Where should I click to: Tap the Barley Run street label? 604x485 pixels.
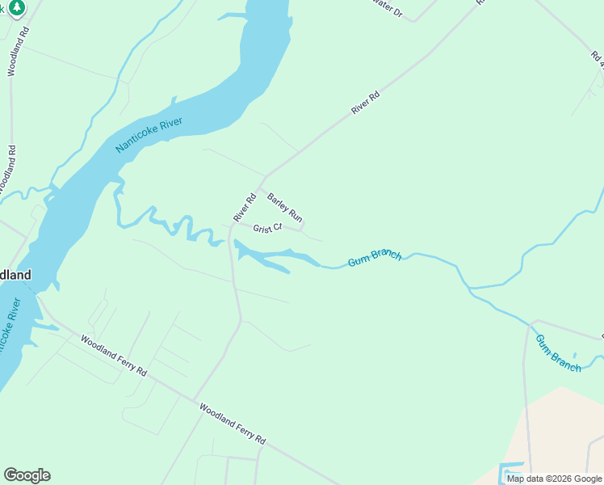click(x=284, y=208)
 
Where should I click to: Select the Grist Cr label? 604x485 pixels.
click(x=267, y=228)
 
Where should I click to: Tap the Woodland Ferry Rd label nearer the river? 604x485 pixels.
click(x=114, y=356)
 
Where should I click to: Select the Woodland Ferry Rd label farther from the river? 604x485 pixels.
click(x=233, y=424)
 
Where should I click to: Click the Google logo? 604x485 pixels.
click(x=27, y=475)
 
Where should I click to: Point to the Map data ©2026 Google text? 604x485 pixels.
click(x=555, y=479)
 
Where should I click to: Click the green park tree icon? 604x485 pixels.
click(x=17, y=6)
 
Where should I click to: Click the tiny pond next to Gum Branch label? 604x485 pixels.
click(x=574, y=355)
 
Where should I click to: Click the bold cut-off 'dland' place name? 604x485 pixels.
click(x=15, y=275)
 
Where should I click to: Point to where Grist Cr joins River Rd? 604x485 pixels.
click(x=232, y=228)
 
